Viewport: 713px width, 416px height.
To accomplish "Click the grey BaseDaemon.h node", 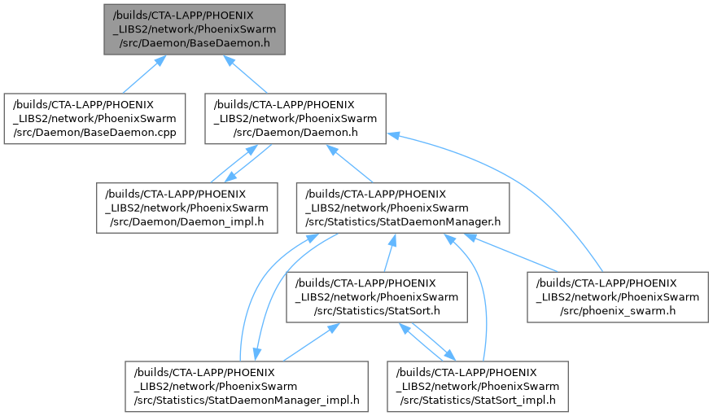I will pyautogui.click(x=194, y=29).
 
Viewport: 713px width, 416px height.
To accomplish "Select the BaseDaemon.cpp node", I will pyautogui.click(x=94, y=119).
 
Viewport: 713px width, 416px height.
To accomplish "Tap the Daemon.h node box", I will pyautogui.click(x=295, y=119).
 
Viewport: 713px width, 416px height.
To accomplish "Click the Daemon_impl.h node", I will pyautogui.click(x=183, y=208).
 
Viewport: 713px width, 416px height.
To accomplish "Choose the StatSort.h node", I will pyautogui.click(x=377, y=297).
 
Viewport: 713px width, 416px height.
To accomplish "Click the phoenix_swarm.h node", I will pyautogui.click(x=618, y=297).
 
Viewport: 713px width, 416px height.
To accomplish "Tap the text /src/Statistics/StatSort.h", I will pyautogui.click(x=377, y=312).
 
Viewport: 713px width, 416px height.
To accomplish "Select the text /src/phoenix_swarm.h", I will pyautogui.click(x=618, y=312).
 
